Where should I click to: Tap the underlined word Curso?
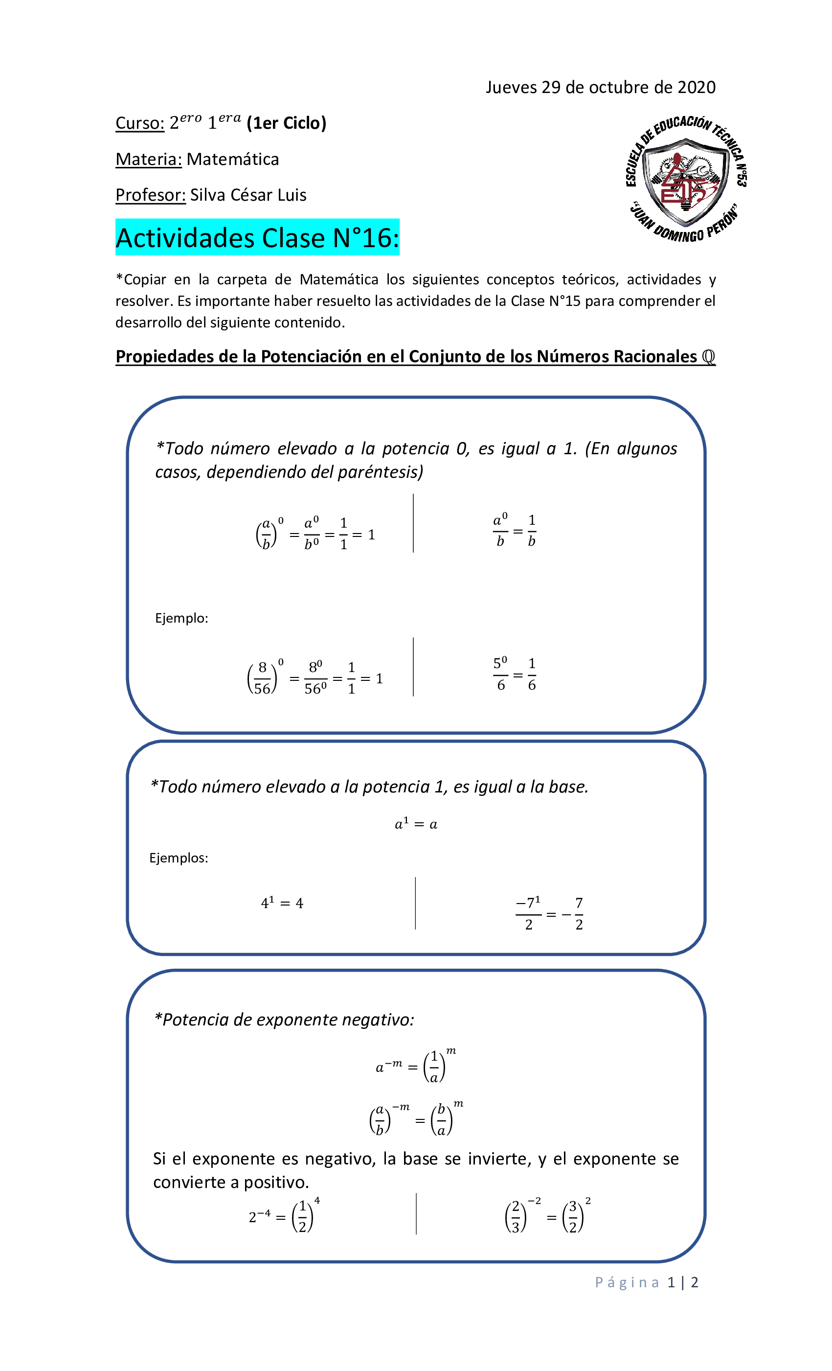tap(139, 123)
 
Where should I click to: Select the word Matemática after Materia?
tap(232, 160)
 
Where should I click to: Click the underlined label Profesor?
tap(150, 195)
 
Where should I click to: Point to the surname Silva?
tap(208, 195)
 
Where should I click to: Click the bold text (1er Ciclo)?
tap(287, 123)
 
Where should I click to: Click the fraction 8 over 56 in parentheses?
tap(262, 678)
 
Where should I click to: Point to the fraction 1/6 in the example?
tap(532, 674)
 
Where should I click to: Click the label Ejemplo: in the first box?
tap(181, 618)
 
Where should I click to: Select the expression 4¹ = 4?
tap(282, 903)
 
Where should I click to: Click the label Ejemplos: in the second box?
tap(179, 858)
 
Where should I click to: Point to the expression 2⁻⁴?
tap(259, 1217)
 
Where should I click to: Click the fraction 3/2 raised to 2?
tap(574, 1217)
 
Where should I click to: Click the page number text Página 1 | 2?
tap(646, 1282)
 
